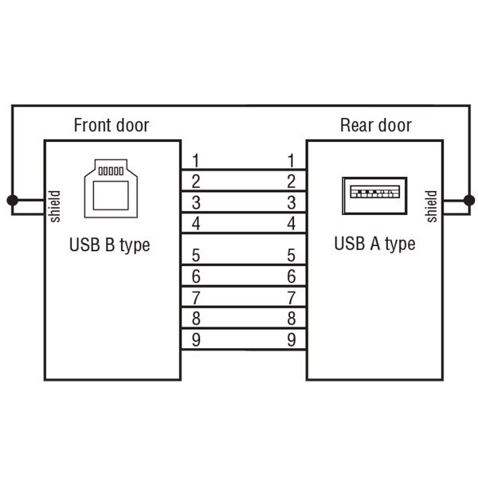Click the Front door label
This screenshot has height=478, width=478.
click(111, 125)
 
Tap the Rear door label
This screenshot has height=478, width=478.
click(375, 125)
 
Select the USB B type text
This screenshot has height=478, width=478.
click(109, 245)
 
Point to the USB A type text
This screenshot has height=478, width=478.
click(374, 243)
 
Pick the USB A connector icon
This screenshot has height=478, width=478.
click(374, 196)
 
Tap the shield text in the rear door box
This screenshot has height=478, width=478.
click(431, 206)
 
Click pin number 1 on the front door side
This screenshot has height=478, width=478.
click(196, 160)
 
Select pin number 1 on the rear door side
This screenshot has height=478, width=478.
click(292, 160)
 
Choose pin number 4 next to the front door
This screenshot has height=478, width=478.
click(196, 223)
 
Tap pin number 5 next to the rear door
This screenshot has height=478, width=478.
click(292, 256)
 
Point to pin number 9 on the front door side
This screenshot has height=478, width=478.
click(196, 340)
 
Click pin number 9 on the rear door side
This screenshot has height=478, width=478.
click(292, 340)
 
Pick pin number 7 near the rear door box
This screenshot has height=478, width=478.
click(292, 298)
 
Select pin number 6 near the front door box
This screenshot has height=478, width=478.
click(196, 276)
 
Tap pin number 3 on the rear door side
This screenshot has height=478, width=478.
click(292, 202)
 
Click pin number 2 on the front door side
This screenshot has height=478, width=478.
click(196, 181)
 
